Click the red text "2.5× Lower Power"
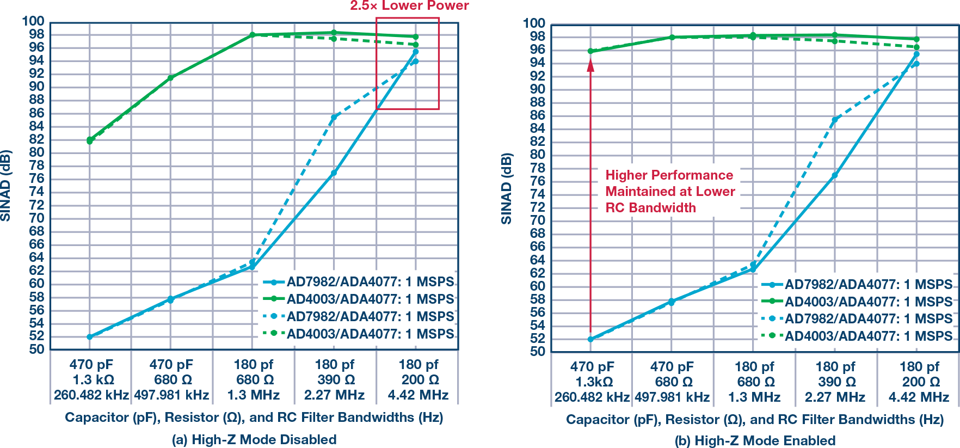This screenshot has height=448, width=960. pos(409,6)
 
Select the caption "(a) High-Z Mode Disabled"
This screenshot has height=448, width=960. pos(254,439)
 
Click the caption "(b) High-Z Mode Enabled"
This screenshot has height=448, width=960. pos(755,440)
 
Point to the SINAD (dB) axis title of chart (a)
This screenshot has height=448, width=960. pos(6,185)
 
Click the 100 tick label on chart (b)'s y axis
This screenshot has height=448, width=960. pos(534,23)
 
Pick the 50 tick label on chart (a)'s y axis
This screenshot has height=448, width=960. pos(37,349)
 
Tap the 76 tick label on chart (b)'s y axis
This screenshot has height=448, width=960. pos(538,181)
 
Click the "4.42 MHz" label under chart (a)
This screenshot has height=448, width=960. pos(418,395)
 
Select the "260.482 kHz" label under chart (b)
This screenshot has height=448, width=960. pos(592,397)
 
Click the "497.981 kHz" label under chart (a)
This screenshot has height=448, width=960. pos(172,395)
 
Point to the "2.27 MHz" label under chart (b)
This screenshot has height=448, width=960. pos(835,397)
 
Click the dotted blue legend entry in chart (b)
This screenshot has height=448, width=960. pos(857,319)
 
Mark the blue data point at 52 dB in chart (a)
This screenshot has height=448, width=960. pos(90,337)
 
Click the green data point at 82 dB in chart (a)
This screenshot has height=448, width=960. pos(90,140)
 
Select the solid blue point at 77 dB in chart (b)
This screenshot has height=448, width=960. pos(834,175)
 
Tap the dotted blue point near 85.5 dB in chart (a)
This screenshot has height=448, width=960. pos(334,117)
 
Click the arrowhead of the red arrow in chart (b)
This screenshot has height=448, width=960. pos(590,65)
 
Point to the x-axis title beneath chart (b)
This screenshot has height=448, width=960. pos(755,419)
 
